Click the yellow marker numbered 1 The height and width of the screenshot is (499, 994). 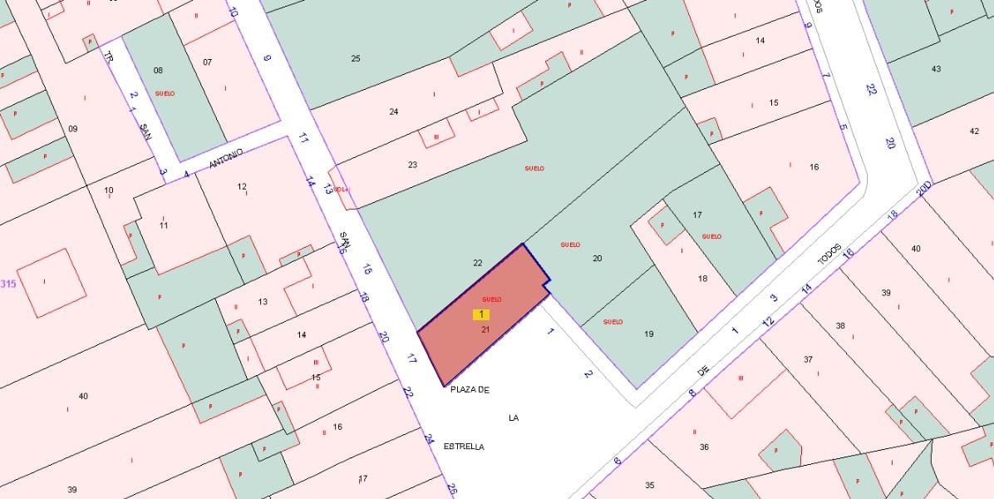click(481, 314)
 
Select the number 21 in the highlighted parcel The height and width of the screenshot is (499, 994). click(485, 329)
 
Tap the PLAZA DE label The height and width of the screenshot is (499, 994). click(470, 388)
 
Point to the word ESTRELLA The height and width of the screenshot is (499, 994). click(464, 447)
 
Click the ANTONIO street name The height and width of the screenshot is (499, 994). click(225, 158)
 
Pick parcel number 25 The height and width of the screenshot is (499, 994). click(356, 58)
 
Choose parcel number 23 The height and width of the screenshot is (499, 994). click(412, 165)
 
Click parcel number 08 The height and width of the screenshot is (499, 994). click(158, 70)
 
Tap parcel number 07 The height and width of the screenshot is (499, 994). click(208, 62)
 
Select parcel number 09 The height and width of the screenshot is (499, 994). click(72, 128)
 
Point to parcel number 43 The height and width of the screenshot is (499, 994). click(937, 68)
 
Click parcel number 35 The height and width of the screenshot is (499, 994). click(650, 485)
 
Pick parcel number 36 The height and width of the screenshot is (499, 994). click(704, 447)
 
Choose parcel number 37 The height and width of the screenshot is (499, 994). click(808, 358)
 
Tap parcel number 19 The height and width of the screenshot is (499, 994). click(649, 334)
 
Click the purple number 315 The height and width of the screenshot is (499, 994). click(8, 284)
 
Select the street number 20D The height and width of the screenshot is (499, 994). click(923, 190)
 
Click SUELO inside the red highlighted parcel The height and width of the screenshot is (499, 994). click(491, 299)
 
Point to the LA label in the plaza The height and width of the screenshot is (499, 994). click(514, 417)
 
